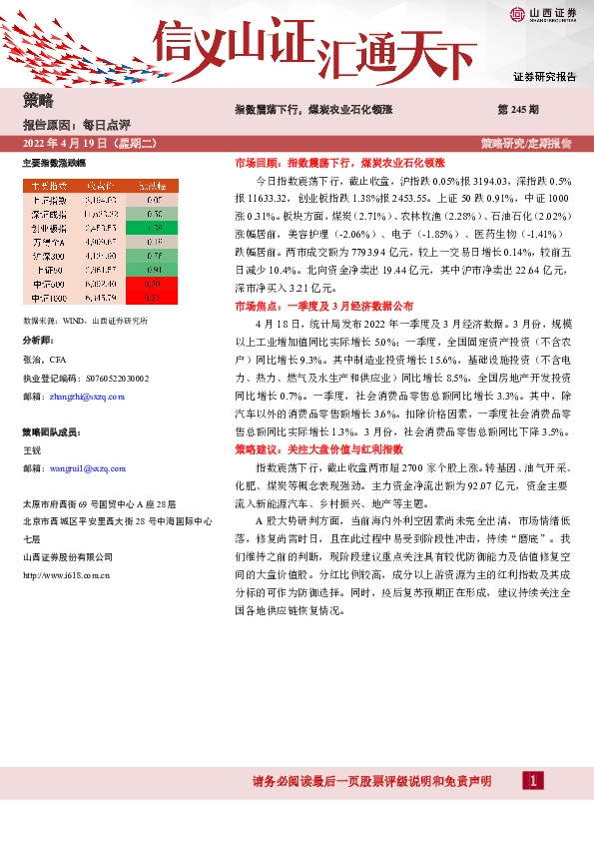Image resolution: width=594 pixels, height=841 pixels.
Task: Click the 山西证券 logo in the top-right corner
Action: click(543, 14)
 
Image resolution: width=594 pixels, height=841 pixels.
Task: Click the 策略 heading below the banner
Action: click(38, 100)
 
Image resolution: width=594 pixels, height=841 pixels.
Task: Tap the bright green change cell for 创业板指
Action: click(153, 227)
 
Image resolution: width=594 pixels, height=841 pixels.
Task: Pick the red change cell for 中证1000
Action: click(153, 297)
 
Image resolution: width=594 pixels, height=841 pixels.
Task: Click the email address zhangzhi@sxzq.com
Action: click(87, 397)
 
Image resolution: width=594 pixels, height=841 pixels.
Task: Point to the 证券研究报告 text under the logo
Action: click(544, 76)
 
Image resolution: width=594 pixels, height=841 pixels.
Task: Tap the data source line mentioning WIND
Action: click(85, 321)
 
